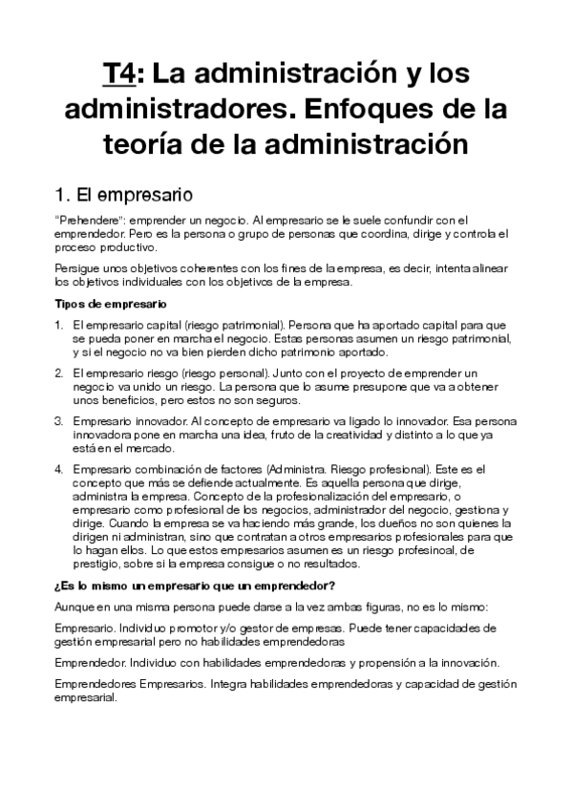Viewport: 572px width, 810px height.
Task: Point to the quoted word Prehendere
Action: coord(88,221)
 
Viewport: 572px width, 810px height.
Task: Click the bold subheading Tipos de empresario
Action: coord(111,304)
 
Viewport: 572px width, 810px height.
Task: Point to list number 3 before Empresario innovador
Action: coord(58,420)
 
